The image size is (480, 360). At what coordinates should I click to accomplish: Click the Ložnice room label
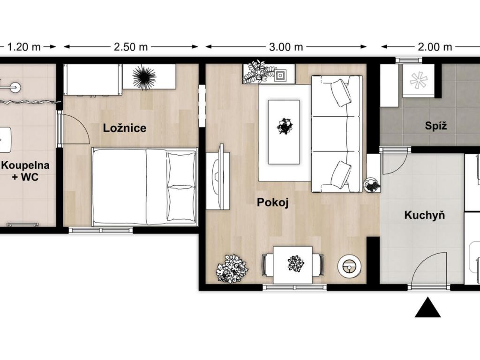point(124,128)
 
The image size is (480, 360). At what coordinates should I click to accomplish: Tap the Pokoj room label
point(273,202)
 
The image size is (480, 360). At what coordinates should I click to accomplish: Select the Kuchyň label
point(425,215)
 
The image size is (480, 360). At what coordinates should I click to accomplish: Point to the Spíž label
point(436,126)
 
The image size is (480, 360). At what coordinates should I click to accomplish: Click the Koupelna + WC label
point(25,171)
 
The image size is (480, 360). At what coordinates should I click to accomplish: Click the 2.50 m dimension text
point(131,47)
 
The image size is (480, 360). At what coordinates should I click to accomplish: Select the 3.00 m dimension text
point(286,47)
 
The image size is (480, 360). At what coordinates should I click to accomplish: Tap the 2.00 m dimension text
point(435,47)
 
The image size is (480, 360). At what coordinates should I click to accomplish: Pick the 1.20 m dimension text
point(23,47)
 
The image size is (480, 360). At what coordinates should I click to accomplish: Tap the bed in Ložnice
point(144,187)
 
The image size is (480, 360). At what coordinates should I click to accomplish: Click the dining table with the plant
point(293,265)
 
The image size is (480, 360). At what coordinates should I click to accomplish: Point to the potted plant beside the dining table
point(232,269)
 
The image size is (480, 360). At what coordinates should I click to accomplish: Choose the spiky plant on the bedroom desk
point(144,77)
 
